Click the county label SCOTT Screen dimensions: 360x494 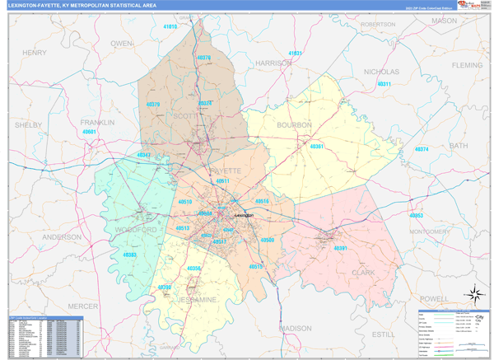(184, 116)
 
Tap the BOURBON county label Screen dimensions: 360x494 (295, 125)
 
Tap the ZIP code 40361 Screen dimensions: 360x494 (317, 146)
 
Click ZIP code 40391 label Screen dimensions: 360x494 (340, 248)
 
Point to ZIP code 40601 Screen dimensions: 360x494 (90, 132)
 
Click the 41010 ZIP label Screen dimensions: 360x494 (170, 27)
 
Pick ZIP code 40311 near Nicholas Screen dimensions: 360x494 (384, 84)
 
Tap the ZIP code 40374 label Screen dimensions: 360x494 (422, 149)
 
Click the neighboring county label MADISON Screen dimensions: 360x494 (296, 327)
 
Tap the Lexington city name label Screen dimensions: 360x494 (244, 213)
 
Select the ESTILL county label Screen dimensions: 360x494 (384, 334)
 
